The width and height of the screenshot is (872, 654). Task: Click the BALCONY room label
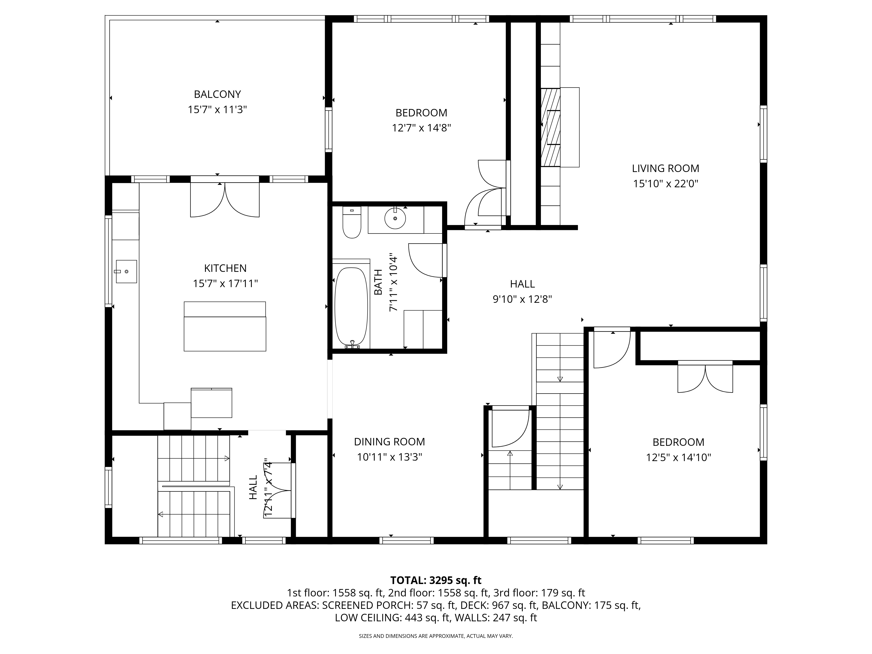[x=217, y=94]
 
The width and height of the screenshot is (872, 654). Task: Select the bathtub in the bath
[x=351, y=307]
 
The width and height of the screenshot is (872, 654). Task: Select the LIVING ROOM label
[x=665, y=168]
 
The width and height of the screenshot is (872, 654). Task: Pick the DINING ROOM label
[x=390, y=441]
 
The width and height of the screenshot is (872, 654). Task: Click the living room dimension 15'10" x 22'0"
[x=665, y=184]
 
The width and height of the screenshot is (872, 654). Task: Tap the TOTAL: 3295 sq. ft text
[x=436, y=580]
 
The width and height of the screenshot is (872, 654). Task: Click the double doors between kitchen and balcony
[x=225, y=199]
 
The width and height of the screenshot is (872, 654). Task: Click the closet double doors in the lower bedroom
[x=705, y=377]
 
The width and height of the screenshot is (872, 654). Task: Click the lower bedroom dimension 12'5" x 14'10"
[x=678, y=457]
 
